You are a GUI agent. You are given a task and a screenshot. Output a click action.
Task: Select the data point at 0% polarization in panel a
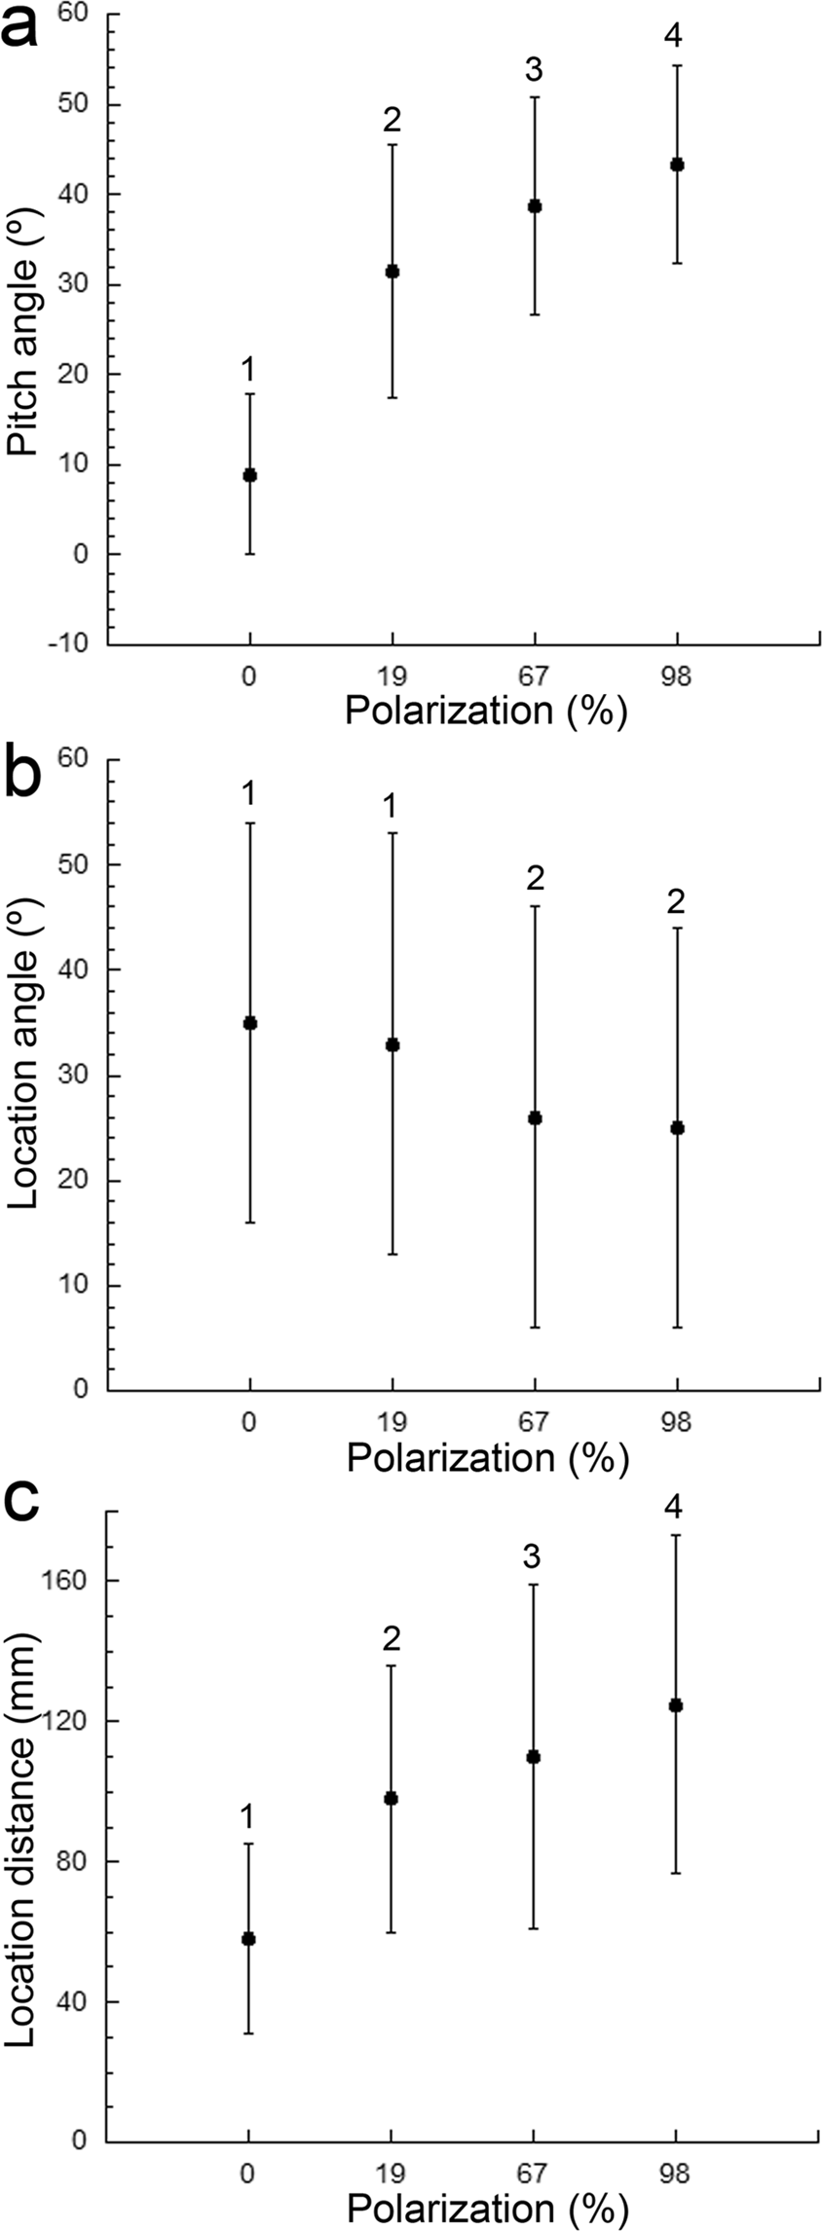coord(249,475)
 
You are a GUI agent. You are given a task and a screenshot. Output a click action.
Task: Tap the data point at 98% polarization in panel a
coord(677,165)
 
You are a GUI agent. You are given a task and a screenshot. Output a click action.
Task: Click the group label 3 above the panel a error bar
coord(534,70)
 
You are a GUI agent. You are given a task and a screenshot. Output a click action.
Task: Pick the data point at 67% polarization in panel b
coord(535,1117)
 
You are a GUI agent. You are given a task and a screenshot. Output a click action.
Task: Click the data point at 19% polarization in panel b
coord(392,1044)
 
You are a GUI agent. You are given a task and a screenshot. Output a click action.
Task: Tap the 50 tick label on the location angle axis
coord(77,864)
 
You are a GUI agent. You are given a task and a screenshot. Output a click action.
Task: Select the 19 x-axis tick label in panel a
coord(392,677)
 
